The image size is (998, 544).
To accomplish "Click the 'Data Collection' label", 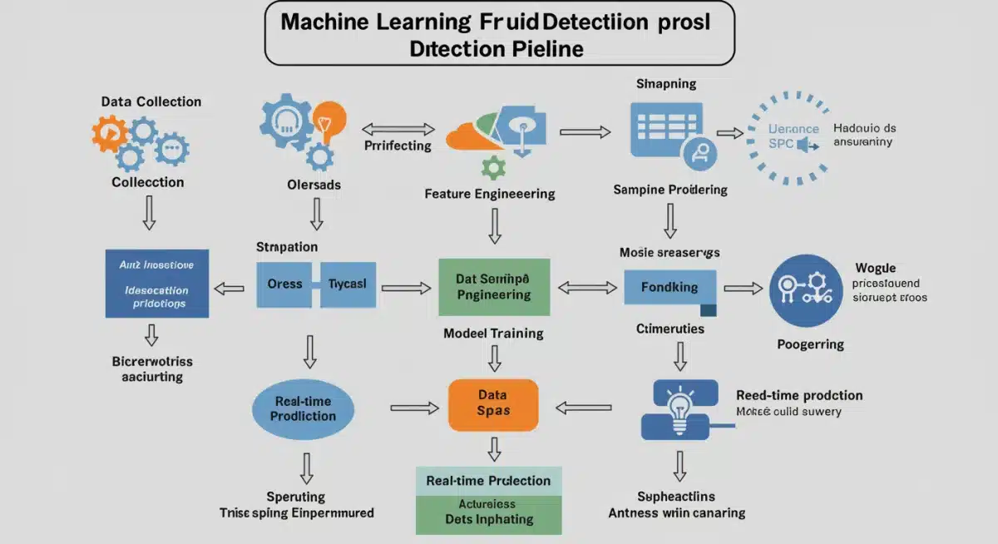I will click(x=151, y=101).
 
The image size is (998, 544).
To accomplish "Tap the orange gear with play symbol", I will click(x=109, y=133).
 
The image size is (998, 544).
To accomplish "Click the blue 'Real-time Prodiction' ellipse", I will click(x=303, y=408).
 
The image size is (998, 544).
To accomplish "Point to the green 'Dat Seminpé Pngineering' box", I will click(x=494, y=287).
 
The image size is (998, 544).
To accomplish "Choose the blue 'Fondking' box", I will click(x=669, y=287).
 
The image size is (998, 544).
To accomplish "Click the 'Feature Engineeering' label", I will click(x=489, y=194).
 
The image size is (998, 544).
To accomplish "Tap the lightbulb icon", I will click(x=680, y=409).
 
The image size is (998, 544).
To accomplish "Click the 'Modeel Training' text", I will click(x=493, y=334).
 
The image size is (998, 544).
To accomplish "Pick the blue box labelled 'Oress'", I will click(x=284, y=284).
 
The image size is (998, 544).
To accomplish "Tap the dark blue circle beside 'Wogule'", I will click(x=806, y=289).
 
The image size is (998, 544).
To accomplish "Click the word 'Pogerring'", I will click(x=810, y=344).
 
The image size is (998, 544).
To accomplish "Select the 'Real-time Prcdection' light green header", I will click(x=488, y=481).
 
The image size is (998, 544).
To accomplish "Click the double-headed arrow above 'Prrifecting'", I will click(x=398, y=129).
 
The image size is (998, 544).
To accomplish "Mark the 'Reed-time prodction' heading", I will click(x=799, y=395).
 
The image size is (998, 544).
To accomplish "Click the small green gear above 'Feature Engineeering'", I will click(x=493, y=167).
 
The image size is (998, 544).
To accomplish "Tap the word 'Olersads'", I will click(x=314, y=185).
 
